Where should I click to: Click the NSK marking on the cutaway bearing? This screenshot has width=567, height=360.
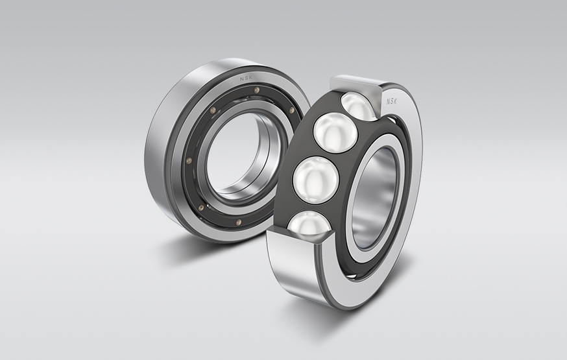(x=393, y=101)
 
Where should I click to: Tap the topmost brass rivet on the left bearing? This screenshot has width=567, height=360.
(x=257, y=90)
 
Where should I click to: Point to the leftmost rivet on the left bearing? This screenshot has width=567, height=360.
(x=189, y=161)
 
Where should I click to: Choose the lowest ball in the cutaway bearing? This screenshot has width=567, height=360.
(x=308, y=224)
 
